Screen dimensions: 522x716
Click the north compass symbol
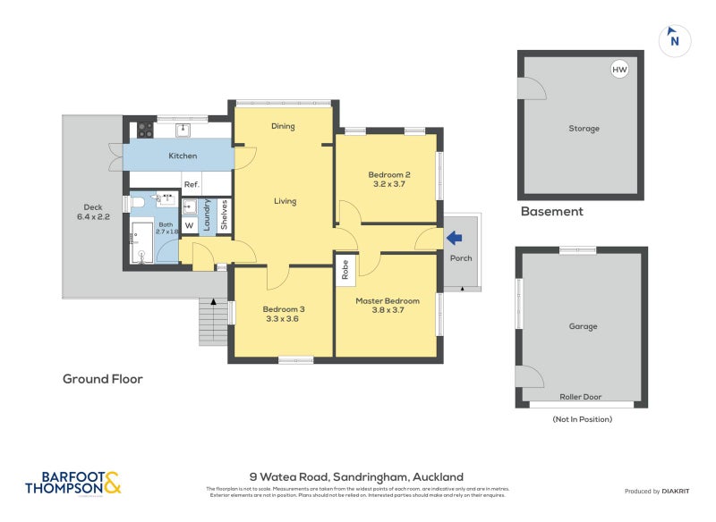coord(674,39)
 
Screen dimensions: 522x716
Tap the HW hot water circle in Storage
coord(618,70)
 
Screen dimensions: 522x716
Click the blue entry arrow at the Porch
coord(455,238)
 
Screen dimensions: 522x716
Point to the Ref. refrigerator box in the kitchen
coord(191,184)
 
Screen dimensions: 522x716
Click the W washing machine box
coord(189,224)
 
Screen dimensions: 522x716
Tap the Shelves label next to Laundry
coord(223,215)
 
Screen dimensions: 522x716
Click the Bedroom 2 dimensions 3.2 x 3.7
coord(388,185)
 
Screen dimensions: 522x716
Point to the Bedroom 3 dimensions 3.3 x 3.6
coord(283,320)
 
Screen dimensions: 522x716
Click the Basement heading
coord(551,212)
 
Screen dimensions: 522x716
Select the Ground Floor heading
coord(102,379)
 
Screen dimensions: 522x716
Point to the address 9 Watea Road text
coord(356,477)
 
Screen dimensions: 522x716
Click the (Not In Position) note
coord(582,418)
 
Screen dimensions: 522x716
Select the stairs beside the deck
coord(212,321)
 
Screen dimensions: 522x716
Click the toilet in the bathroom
coord(138,206)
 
